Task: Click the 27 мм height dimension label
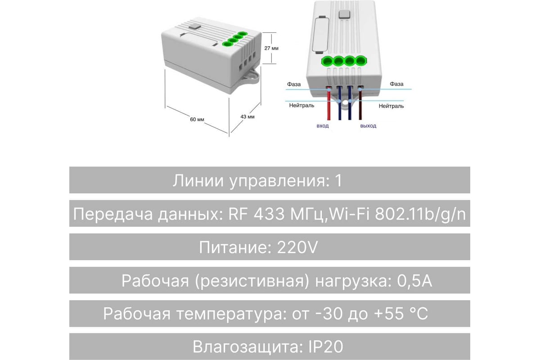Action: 271,48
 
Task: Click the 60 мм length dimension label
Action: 197,119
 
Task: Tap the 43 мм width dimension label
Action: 247,117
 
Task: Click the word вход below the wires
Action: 323,126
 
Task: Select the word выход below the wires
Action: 368,126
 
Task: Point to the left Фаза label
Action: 293,85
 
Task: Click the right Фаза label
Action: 396,84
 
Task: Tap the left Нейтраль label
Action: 301,105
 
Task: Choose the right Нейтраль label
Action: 391,106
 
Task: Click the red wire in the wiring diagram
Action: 328,103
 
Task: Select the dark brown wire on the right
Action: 360,103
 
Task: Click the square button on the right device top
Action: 344,14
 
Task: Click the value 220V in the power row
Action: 297,247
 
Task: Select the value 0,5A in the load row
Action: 414,281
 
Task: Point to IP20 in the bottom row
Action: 326,347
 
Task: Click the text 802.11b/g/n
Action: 420,214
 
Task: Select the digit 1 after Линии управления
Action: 339,180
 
